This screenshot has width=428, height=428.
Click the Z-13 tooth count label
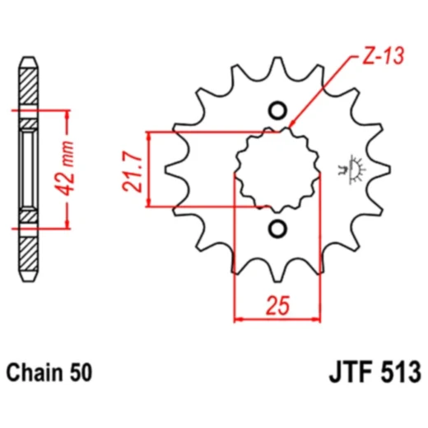tap(384, 56)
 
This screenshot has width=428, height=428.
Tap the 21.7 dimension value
tap(133, 171)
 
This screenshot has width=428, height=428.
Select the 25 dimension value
tap(277, 305)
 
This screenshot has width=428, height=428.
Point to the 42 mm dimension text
tap(67, 169)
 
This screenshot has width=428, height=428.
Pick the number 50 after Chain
tap(81, 373)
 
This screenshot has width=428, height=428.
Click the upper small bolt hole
tap(277, 111)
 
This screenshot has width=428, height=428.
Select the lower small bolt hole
tap(277, 229)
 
